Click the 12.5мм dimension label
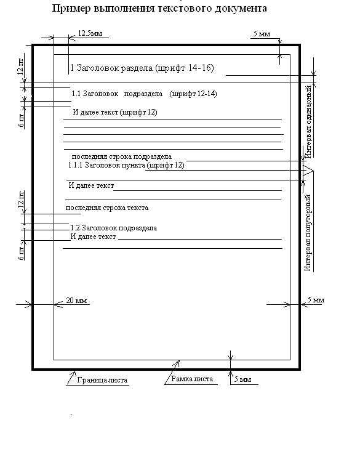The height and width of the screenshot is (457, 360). pos(90,33)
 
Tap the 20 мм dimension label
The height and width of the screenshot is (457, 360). pos(76,300)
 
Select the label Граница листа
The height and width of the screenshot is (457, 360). pos(102,380)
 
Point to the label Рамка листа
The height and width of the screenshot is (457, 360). pos(192,379)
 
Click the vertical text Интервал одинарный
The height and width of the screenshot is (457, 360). pos(308,121)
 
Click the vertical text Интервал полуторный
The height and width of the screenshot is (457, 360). pos(308,233)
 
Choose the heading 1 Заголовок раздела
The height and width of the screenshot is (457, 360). pos(111,68)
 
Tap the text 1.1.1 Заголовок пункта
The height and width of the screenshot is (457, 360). pos(106,165)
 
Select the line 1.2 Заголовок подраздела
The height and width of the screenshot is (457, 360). pos(114,228)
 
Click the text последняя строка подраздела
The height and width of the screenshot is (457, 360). pos(122,156)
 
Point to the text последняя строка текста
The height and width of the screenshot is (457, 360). pos(107,208)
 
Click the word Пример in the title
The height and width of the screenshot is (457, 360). pos(71,9)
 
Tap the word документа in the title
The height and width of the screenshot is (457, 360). pos(241,8)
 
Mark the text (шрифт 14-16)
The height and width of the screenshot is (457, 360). pos(185,68)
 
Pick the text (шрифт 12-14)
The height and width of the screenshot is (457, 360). pos(193,94)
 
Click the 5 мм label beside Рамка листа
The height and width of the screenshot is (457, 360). pos(242,379)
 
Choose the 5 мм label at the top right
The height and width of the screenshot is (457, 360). pos(262,34)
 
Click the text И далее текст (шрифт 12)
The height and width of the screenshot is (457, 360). pos(115,112)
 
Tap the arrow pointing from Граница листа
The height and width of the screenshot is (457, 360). pos(71,378)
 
